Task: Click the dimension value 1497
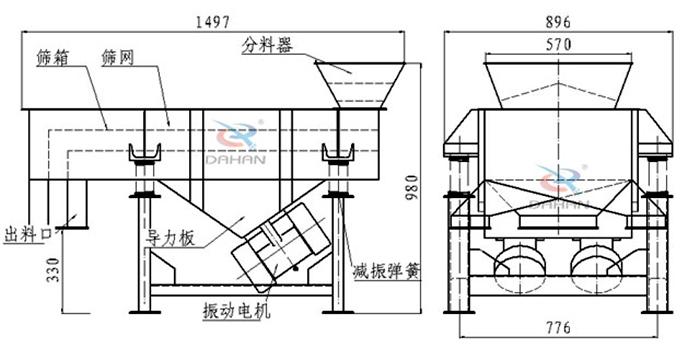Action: click(x=213, y=21)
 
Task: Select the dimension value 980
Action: click(x=412, y=187)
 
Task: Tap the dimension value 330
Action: click(x=53, y=270)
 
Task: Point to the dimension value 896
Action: click(x=558, y=21)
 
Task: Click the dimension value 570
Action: click(x=558, y=44)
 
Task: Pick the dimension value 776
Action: click(x=558, y=328)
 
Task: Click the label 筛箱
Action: click(x=53, y=58)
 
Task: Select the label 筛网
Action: click(x=117, y=58)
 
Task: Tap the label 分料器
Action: click(x=267, y=45)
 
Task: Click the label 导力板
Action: click(x=171, y=239)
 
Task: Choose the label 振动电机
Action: click(x=237, y=310)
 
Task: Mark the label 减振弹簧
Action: click(x=387, y=270)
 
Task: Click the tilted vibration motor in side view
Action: click(x=281, y=247)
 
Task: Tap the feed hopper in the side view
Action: click(x=360, y=85)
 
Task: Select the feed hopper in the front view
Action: click(x=558, y=85)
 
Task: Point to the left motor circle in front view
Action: click(x=520, y=269)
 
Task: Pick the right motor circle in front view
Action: click(x=596, y=269)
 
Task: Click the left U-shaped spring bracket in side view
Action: click(x=145, y=153)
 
